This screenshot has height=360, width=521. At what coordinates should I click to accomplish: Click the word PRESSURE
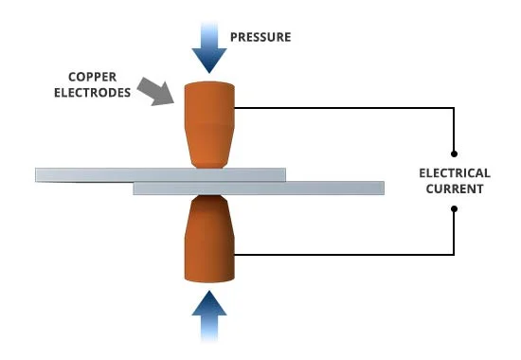tap(260, 38)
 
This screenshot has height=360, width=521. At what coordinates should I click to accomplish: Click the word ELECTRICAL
tap(456, 173)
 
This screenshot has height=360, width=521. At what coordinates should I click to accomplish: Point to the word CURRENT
tap(456, 189)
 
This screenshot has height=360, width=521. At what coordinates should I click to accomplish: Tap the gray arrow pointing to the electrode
tap(154, 91)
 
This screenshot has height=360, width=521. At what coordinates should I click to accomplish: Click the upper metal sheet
tap(160, 174)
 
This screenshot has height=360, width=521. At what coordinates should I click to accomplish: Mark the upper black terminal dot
tap(456, 153)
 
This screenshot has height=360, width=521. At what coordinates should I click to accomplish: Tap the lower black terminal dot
tap(456, 209)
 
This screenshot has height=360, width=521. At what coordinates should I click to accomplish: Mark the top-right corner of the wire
tap(456, 108)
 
